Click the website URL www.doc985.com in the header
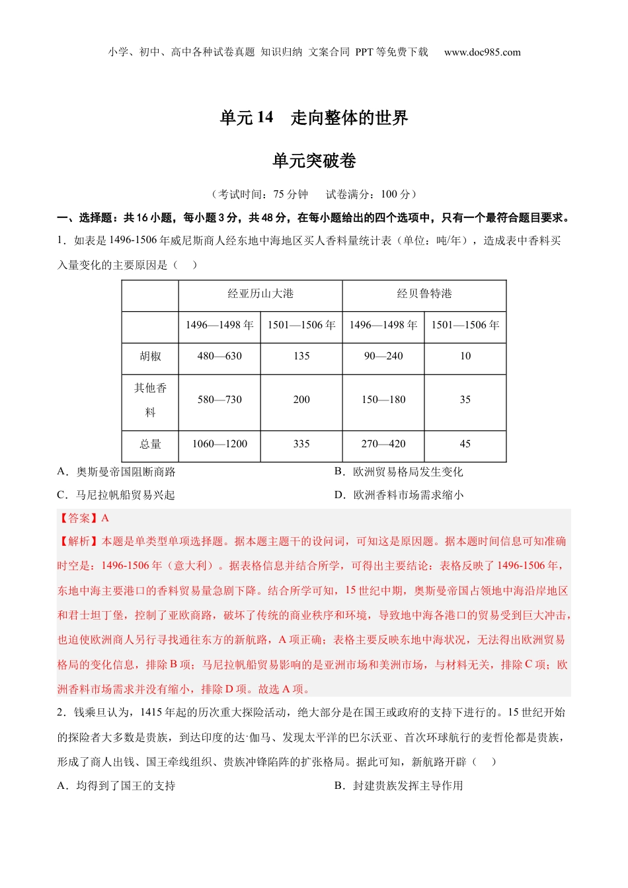pos(482,52)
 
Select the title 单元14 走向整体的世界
pos(314,118)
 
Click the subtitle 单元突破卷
pos(314,161)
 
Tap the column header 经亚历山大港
pos(260,293)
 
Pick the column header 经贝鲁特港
pos(424,293)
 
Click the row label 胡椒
pos(150,356)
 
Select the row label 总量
pos(150,444)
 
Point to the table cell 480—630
pos(219,356)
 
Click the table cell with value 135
pos(301,356)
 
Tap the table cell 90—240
pos(383,356)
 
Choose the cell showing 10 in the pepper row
pos(465,356)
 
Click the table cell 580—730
pos(219,400)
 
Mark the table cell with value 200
pos(301,400)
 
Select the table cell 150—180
pos(383,400)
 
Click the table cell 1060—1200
pos(219,444)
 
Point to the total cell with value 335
pos(301,444)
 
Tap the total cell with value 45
pos(465,444)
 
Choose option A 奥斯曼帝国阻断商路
pos(117,472)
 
